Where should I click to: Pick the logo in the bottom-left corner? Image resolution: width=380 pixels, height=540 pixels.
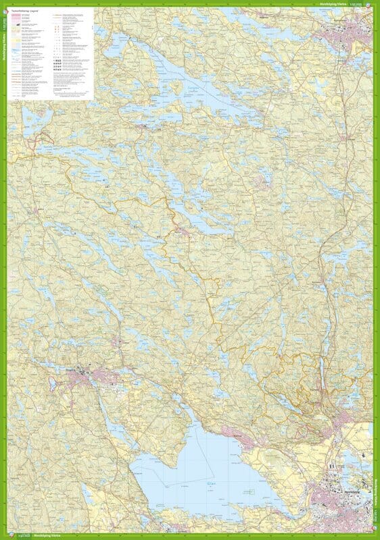point(5,536)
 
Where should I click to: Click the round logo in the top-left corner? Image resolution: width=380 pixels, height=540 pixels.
point(5,4)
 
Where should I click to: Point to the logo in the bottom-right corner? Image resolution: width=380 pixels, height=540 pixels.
point(375,536)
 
